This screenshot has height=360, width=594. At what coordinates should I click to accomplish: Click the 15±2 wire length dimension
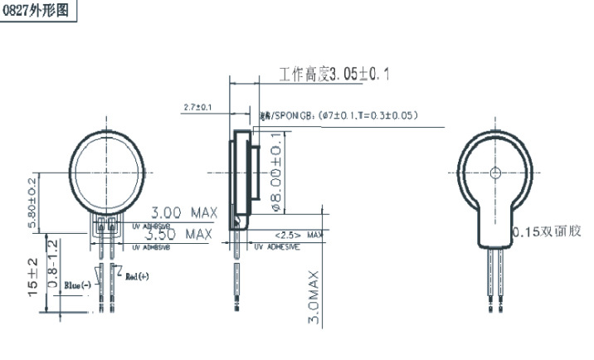click(32, 277)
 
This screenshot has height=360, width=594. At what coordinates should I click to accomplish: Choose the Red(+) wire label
click(134, 275)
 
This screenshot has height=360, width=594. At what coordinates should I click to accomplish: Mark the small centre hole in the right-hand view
click(495, 173)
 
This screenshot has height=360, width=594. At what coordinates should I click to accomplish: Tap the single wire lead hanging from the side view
click(237, 274)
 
